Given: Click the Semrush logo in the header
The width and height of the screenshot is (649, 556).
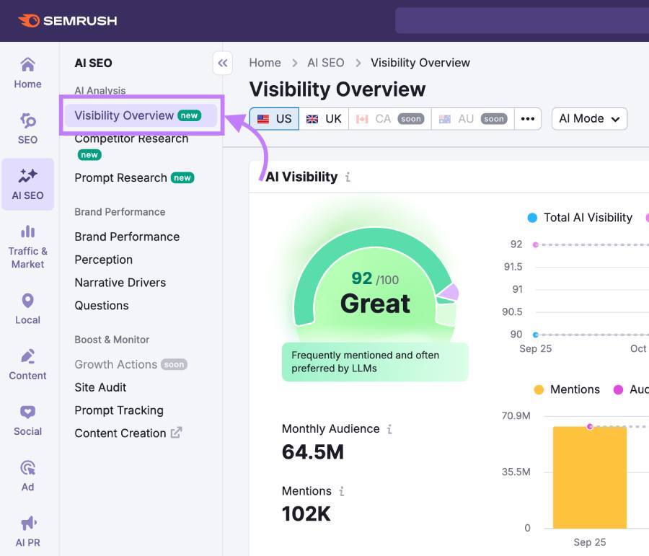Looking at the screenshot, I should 68,21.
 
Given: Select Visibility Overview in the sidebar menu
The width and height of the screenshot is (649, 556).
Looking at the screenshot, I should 124,115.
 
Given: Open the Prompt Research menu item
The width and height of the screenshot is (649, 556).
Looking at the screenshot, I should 120,177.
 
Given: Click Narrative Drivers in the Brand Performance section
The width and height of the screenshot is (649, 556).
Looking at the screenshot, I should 120,283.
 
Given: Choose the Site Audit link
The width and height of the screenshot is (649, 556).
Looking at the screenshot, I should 100,387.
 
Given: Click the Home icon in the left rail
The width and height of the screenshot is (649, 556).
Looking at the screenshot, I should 27,66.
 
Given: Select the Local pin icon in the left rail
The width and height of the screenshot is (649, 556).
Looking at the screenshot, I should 27,301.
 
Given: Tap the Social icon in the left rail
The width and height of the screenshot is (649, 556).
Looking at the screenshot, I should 27,412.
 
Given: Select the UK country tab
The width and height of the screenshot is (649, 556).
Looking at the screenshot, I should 324,119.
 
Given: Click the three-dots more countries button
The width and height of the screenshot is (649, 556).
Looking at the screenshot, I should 527,119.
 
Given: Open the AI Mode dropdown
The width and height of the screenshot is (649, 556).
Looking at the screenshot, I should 588,119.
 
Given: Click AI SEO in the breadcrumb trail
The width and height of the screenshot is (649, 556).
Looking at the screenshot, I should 325,63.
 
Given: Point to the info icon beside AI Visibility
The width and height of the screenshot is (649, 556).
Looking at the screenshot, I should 348,177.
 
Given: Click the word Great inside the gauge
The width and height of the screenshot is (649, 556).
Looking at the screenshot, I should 375,304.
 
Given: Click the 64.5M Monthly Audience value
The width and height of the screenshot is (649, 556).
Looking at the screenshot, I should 312,452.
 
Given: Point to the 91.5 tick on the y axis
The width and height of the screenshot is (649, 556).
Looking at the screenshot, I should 513,267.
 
